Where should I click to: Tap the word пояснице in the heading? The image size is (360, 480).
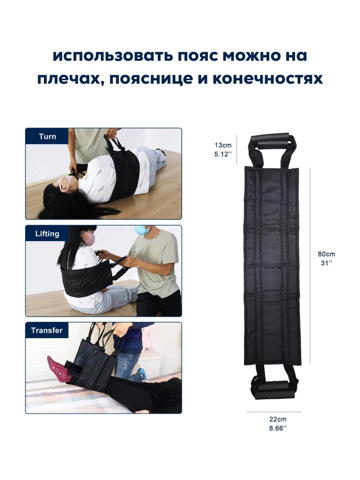click(x=151, y=79)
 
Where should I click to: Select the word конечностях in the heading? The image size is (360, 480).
click(x=268, y=79)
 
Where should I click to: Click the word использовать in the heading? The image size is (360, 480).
click(x=112, y=56)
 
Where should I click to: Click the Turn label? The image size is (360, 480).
click(x=47, y=136)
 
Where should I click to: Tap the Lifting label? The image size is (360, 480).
click(x=47, y=234)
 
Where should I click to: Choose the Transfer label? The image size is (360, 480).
click(x=47, y=330)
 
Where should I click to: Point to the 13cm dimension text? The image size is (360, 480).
click(x=223, y=145)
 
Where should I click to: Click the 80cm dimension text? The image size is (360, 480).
click(x=326, y=254)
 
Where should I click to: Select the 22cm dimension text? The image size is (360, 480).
click(x=277, y=419)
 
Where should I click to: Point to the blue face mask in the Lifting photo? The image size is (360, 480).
click(x=141, y=230)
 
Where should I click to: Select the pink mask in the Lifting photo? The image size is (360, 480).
click(x=89, y=238)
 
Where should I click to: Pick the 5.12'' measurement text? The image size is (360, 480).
click(x=223, y=154)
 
